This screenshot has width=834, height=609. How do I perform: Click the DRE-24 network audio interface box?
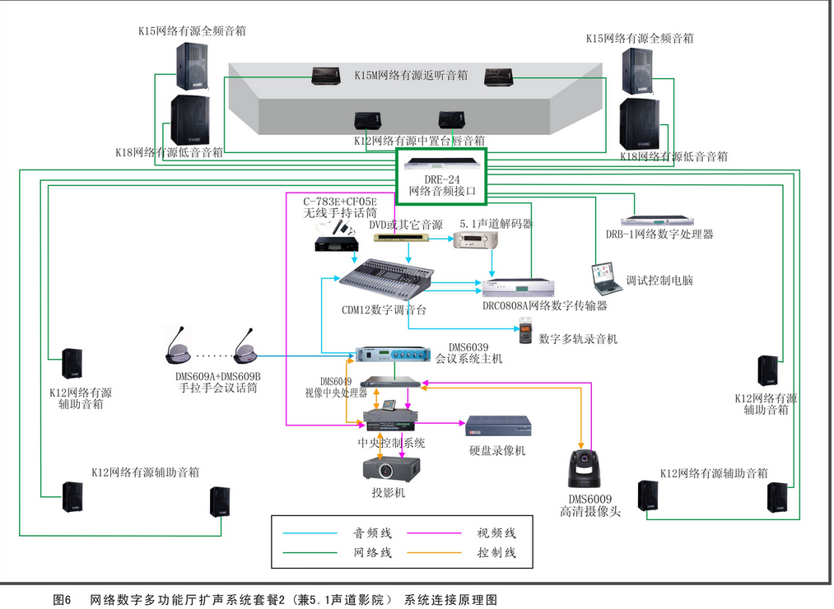tap(442, 176)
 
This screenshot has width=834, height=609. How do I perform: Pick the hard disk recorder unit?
tap(498, 425)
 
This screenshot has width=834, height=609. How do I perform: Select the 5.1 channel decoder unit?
tap(470, 239)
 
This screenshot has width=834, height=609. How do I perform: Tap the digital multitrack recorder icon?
tap(525, 335)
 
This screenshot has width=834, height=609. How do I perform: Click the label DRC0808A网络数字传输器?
tap(545, 305)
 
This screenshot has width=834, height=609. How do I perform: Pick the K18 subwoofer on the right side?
tap(639, 124)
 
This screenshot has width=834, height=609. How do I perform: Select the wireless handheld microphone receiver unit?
tap(337, 244)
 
